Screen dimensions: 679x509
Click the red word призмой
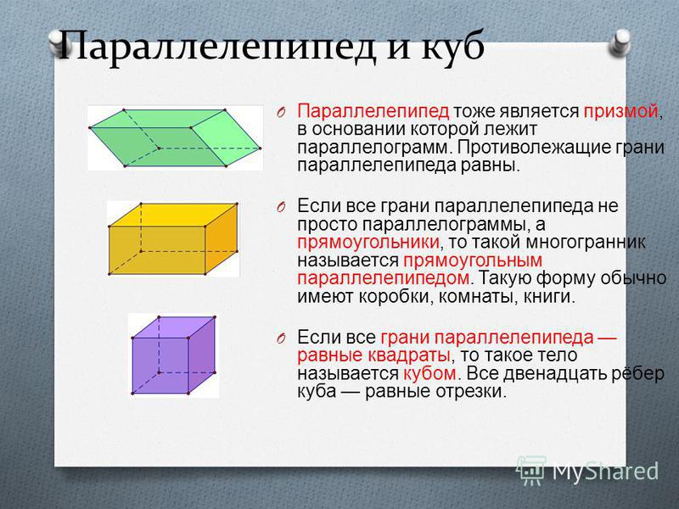tap(621, 112)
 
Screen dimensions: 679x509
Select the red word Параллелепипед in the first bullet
tap(373, 112)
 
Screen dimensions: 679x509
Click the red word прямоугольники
tap(368, 243)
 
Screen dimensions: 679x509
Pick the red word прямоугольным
tap(473, 261)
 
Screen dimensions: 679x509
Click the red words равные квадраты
tap(373, 355)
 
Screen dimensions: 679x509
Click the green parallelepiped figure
tap(175, 138)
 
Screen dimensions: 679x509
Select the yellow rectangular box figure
tap(173, 238)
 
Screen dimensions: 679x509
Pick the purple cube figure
tap(174, 355)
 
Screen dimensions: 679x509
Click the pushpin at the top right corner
tap(620, 43)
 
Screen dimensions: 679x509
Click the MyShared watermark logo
tap(587, 471)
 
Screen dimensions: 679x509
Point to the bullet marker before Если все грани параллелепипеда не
tap(281, 207)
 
